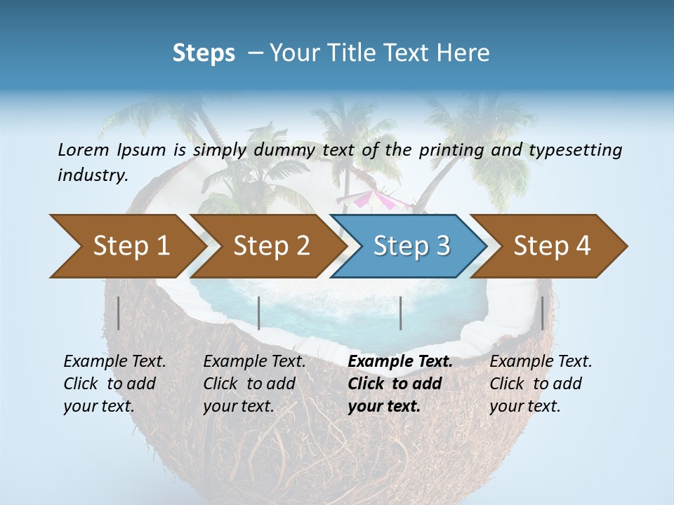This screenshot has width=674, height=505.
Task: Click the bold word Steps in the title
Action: point(204,53)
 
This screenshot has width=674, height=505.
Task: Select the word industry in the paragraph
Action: point(93,175)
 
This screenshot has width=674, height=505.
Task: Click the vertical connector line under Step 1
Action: point(118,313)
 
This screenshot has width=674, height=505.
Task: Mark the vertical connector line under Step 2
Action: point(259,313)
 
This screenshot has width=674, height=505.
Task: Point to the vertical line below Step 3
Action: point(400,313)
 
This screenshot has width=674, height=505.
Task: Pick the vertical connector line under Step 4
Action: point(542,313)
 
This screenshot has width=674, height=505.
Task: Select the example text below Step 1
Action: point(114,384)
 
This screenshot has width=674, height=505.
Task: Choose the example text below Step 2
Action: point(254,384)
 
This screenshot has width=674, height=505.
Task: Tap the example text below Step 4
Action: point(541,384)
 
